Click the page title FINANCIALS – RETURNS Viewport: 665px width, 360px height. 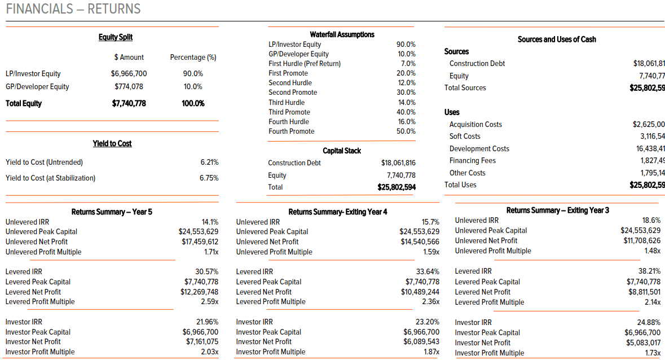coord(73,9)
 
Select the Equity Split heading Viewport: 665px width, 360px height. coord(116,37)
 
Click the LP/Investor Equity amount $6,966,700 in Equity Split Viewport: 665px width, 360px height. coord(129,73)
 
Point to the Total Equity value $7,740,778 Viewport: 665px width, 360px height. coord(129,103)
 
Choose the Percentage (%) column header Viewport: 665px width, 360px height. coord(193,57)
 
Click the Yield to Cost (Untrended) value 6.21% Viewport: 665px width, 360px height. coord(209,162)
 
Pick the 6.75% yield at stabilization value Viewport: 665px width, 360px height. coord(209,178)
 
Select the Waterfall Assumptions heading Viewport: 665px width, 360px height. coord(342,34)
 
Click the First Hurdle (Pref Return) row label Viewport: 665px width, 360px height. coord(305,63)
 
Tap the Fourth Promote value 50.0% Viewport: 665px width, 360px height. coord(406,131)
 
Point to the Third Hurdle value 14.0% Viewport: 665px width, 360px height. coord(406,102)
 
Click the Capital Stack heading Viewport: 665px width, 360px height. coord(342,151)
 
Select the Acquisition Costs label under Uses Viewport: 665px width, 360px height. coord(475,124)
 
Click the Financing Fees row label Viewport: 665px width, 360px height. coord(473,161)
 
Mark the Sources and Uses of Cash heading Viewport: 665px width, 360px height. coord(557,39)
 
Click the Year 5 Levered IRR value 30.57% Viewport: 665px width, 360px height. coord(206,271)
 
